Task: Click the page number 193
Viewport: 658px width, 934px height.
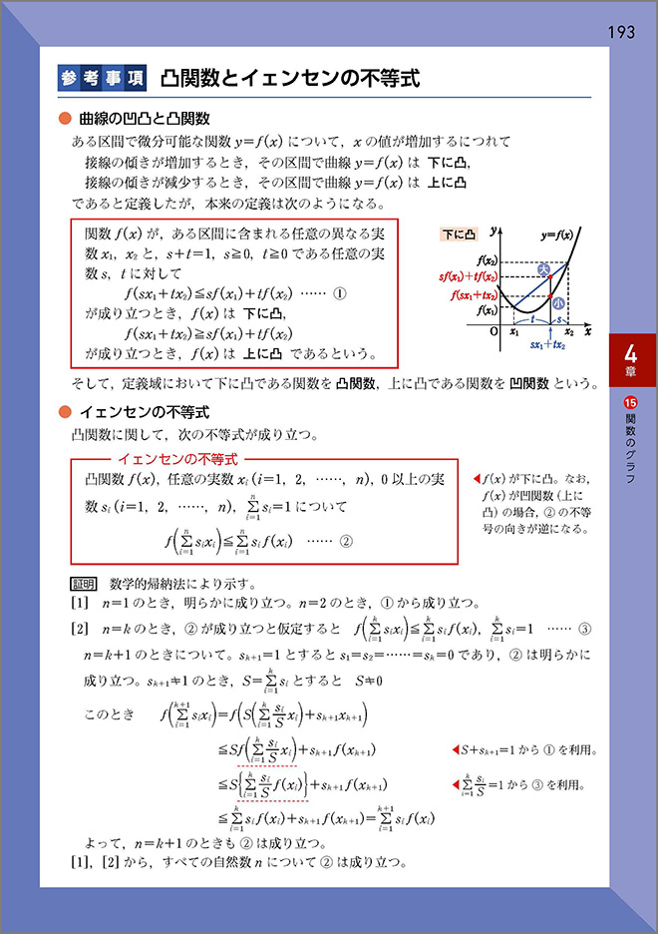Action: [620, 33]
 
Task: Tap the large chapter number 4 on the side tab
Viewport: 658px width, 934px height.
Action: [631, 353]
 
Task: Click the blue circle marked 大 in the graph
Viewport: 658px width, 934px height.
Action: [544, 269]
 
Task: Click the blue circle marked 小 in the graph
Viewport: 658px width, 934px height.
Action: [558, 302]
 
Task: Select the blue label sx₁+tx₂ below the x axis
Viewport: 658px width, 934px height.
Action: [548, 344]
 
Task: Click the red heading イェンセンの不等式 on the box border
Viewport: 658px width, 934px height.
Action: [177, 459]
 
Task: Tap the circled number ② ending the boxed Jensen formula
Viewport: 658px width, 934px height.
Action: [347, 542]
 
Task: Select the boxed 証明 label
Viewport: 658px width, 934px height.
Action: [84, 583]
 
